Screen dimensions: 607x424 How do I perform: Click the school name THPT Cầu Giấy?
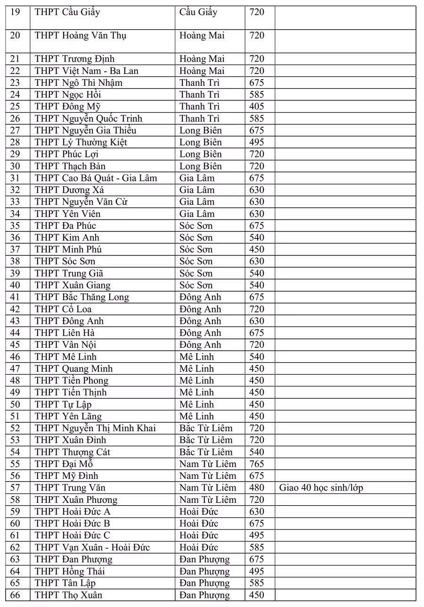pyautogui.click(x=67, y=12)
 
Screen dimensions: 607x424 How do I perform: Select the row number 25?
pyautogui.click(x=15, y=107)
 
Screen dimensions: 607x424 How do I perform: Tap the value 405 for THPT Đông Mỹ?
pyautogui.click(x=257, y=107)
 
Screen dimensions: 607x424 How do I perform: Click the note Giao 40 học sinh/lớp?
pyautogui.click(x=321, y=488)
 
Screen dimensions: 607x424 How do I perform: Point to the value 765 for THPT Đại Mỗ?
pyautogui.click(x=257, y=464)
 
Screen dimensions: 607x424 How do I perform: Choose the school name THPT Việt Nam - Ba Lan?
pyautogui.click(x=87, y=71)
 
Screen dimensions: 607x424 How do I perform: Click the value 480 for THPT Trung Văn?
pyautogui.click(x=257, y=488)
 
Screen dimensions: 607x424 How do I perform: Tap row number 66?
pyautogui.click(x=15, y=595)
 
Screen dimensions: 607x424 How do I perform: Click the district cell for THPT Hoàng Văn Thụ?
pyautogui.click(x=202, y=35)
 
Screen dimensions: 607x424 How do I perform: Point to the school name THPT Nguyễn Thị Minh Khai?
pyautogui.click(x=95, y=428)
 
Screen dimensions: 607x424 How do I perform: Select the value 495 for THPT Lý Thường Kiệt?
pyautogui.click(x=257, y=142)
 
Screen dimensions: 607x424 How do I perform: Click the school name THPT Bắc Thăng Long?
pyautogui.click(x=82, y=297)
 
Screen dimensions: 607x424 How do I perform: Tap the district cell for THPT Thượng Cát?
pyautogui.click(x=206, y=452)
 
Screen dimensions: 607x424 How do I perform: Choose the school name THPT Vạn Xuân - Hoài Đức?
pyautogui.click(x=92, y=547)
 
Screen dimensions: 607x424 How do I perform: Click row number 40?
pyautogui.click(x=15, y=285)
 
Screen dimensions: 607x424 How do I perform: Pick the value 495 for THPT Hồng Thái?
pyautogui.click(x=257, y=571)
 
